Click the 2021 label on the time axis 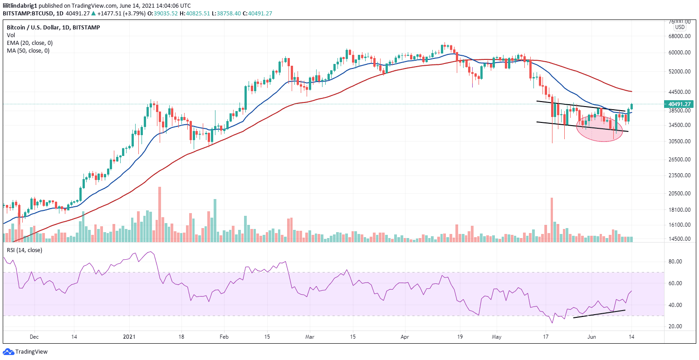tap(129, 337)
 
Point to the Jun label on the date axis tap(591, 337)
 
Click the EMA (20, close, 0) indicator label tap(29, 43)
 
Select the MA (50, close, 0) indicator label tap(28, 50)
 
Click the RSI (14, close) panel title tap(24, 250)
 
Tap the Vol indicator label tap(10, 35)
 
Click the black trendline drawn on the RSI tap(599, 314)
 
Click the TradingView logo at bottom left tap(25, 351)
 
